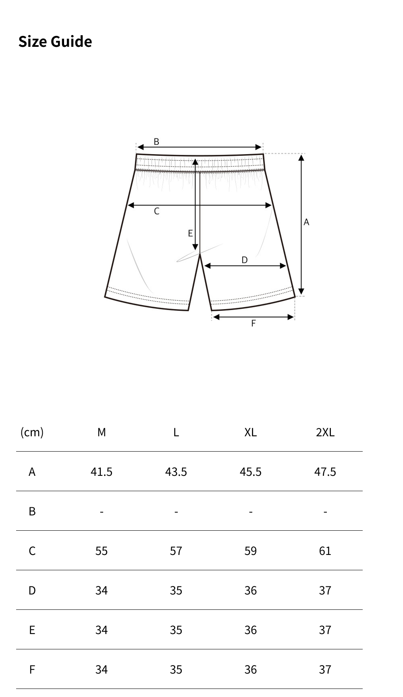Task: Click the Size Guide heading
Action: pyautogui.click(x=55, y=42)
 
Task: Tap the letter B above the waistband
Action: pyautogui.click(x=156, y=142)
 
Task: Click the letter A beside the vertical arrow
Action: pyautogui.click(x=306, y=222)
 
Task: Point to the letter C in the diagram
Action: pyautogui.click(x=157, y=211)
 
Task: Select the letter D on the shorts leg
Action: pyautogui.click(x=245, y=260)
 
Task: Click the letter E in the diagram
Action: pyautogui.click(x=190, y=233)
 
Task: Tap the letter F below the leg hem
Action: pyautogui.click(x=253, y=323)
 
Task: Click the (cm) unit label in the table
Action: pyautogui.click(x=32, y=432)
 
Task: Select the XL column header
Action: pyautogui.click(x=251, y=432)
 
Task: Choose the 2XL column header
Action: pyautogui.click(x=325, y=432)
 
